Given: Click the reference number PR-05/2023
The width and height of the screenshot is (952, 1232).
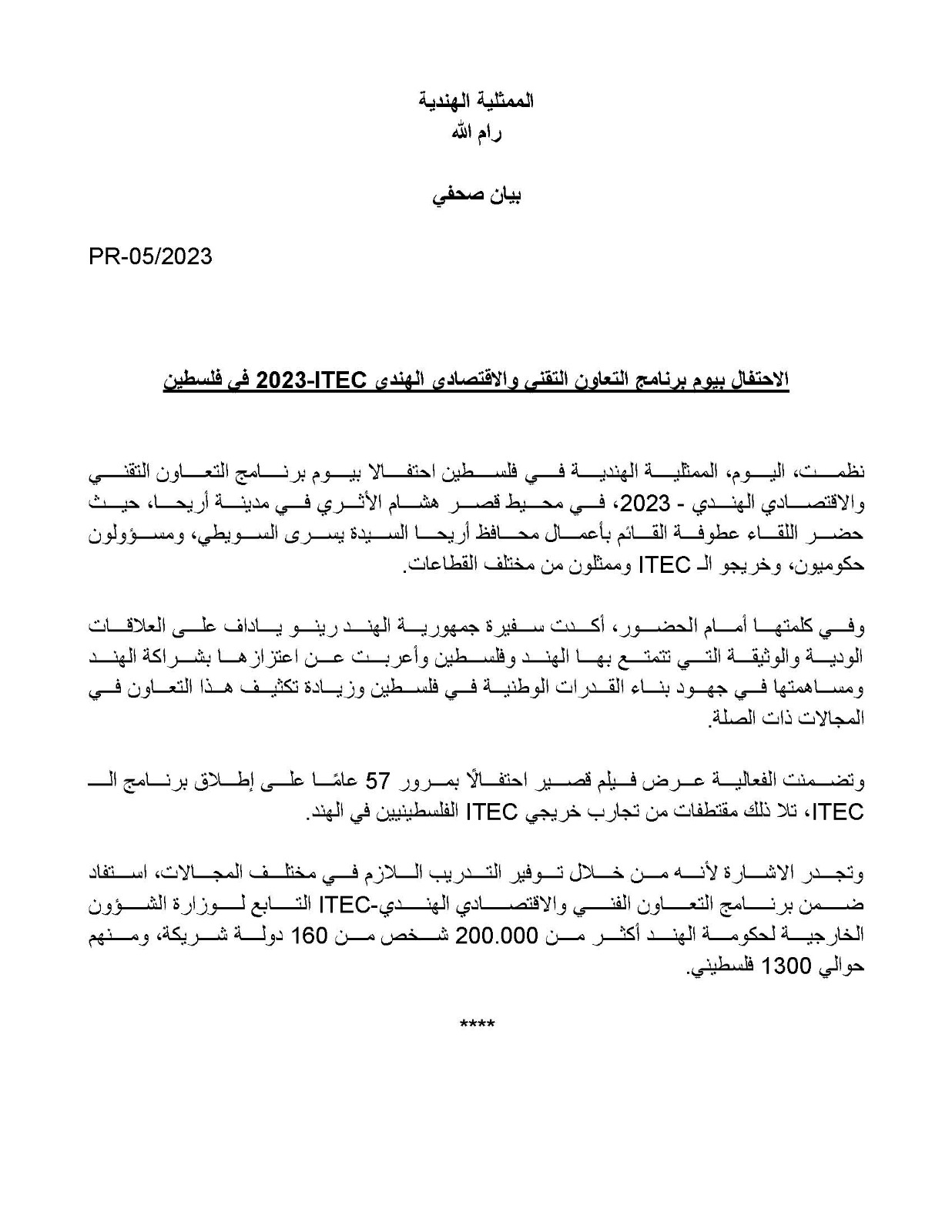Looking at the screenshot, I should [150, 256].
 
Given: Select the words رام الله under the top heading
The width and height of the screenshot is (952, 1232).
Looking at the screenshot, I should [476, 132].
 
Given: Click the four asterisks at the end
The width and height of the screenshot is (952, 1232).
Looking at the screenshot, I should [477, 1024].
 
